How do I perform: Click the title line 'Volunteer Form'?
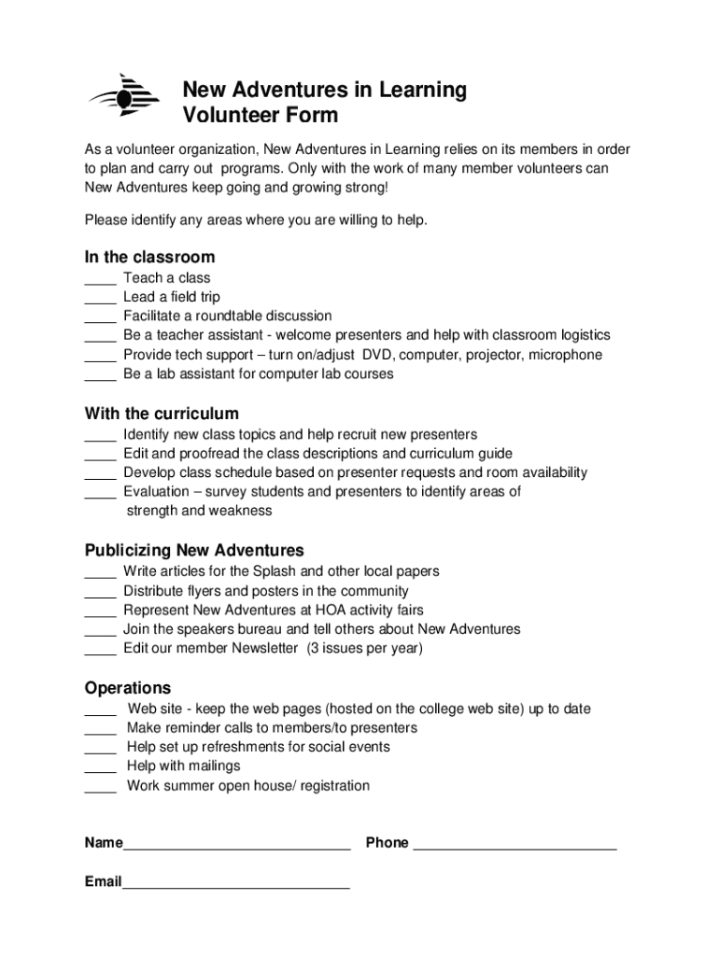point(260,117)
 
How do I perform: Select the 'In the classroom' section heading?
point(149,257)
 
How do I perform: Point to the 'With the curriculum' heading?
point(162,414)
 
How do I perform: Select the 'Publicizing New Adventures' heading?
point(194,551)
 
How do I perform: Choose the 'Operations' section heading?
point(128,688)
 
